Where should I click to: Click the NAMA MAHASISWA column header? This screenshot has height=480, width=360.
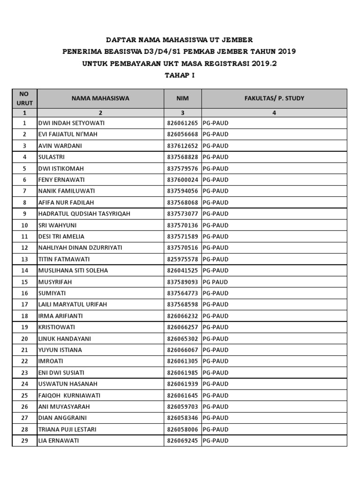tap(100, 98)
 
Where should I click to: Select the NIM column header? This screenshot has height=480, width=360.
tap(182, 98)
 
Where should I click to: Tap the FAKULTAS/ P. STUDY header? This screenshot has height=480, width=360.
tap(274, 98)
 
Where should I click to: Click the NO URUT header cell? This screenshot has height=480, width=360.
tap(24, 98)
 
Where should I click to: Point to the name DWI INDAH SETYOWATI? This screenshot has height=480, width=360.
tap(71, 123)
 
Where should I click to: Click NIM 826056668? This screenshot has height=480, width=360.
tap(183, 135)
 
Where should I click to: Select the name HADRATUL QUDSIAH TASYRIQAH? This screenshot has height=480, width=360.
tap(84, 214)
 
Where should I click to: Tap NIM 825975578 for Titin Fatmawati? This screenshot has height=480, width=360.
tap(183, 259)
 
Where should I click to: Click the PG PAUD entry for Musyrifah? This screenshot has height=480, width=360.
tap(215, 282)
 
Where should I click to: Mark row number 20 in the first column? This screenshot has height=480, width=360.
tap(24, 338)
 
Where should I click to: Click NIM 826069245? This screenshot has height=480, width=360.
tap(183, 441)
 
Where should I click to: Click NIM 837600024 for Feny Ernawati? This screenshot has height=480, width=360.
tap(183, 180)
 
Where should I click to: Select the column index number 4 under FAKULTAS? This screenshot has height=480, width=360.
tap(274, 113)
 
